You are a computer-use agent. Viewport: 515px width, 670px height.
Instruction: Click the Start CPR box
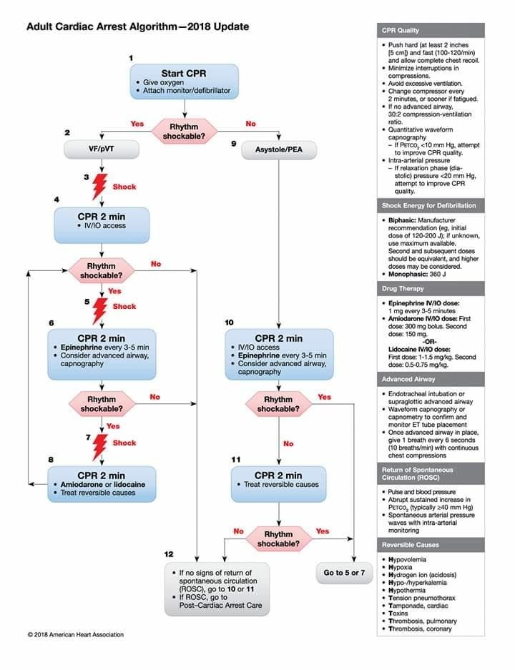tap(184, 82)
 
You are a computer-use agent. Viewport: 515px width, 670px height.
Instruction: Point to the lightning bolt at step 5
tap(101, 310)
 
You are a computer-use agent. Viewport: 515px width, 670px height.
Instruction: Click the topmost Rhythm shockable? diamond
tap(183, 132)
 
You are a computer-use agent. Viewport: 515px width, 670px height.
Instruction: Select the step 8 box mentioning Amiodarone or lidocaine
tap(101, 484)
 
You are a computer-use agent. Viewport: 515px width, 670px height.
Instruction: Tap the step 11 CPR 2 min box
tap(278, 480)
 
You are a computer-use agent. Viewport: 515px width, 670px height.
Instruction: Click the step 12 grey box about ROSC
tap(217, 589)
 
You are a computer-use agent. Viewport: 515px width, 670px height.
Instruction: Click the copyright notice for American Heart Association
tap(75, 634)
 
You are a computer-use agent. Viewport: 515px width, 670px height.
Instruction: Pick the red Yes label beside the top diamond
tap(137, 124)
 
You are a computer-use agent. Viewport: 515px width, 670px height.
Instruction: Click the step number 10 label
tap(229, 322)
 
